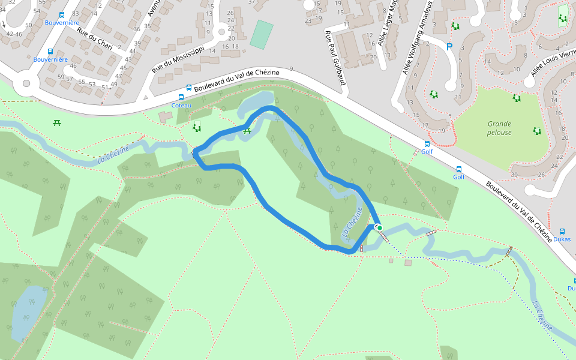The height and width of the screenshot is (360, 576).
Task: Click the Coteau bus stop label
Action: [x=181, y=106]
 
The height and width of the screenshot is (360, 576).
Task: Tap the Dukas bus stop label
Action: [x=562, y=239]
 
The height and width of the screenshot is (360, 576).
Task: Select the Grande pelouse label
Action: [x=500, y=128]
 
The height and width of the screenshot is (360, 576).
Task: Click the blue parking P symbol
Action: [x=449, y=46]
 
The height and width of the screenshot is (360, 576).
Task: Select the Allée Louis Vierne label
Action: [x=553, y=59]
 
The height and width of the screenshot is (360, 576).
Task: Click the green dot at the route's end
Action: [x=380, y=227]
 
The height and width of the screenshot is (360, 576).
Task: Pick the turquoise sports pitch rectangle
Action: [x=261, y=34]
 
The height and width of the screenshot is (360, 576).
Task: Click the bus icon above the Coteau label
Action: [x=181, y=97]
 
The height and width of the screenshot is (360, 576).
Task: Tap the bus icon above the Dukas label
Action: [x=562, y=231]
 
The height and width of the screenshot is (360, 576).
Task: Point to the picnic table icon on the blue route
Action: [x=247, y=130]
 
